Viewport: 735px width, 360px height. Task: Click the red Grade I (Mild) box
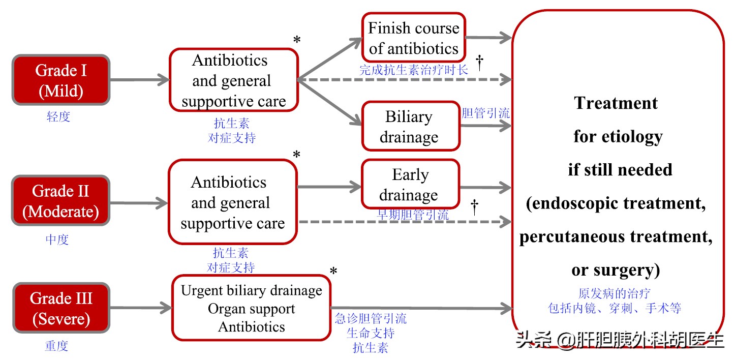[60, 80]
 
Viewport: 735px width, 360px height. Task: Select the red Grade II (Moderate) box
[60, 201]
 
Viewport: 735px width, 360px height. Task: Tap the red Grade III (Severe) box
[60, 308]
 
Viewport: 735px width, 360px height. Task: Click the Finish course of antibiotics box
[413, 38]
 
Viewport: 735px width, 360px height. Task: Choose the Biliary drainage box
[410, 127]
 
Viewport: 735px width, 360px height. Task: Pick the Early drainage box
[410, 184]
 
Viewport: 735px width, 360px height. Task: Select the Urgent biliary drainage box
[251, 308]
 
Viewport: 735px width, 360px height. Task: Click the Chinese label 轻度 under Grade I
[58, 117]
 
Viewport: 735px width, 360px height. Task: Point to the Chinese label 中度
[57, 239]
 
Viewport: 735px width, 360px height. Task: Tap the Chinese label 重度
[56, 346]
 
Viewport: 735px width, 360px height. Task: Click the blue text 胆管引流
[485, 113]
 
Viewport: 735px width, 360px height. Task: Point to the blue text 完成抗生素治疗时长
[413, 70]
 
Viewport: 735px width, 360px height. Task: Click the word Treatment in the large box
[616, 103]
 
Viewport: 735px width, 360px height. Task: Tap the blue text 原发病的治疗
[614, 293]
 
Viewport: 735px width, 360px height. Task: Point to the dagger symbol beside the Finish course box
[479, 63]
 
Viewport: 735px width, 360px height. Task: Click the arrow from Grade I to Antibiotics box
[139, 80]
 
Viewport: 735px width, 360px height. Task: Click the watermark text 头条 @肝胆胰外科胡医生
[620, 339]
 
